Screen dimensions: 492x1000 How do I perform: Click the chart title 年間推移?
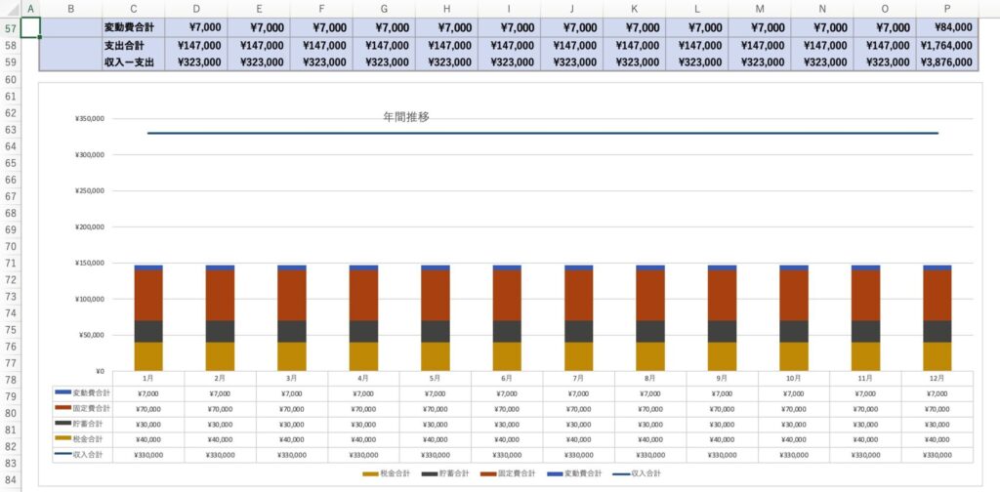405,117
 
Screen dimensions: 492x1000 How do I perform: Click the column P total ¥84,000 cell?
946,27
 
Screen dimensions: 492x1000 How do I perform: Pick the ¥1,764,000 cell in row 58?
946,45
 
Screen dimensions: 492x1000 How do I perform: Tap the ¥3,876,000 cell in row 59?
946,61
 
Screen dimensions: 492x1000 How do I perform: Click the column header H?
446,9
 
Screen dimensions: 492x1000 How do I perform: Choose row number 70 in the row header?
12,247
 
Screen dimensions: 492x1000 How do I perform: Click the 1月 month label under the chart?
148,378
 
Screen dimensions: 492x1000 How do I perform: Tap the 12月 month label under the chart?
937,378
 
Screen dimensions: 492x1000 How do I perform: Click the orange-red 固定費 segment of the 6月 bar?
507,295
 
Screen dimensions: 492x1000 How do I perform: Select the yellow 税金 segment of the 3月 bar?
292,355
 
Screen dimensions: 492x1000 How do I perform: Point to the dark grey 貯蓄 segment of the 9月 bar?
722,331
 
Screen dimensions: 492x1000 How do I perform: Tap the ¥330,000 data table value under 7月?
578,455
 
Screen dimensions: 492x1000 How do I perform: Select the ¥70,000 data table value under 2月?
220,409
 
